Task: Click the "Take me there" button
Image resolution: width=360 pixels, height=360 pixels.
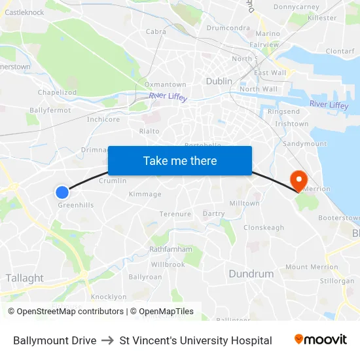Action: (180, 160)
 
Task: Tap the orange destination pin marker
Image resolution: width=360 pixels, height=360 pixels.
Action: (298, 180)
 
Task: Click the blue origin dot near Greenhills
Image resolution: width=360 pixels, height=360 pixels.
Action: (62, 192)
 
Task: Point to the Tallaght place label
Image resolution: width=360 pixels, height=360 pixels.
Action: (24, 278)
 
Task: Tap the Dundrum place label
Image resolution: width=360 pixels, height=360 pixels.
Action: (251, 274)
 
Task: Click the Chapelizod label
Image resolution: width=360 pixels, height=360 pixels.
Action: (57, 93)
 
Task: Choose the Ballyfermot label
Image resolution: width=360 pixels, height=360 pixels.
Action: (50, 110)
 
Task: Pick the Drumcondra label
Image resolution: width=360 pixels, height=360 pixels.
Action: (228, 28)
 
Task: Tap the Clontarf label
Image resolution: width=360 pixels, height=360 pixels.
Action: (340, 51)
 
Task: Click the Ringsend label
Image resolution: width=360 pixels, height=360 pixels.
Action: (284, 112)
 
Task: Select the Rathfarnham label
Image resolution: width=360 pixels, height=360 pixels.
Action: (171, 249)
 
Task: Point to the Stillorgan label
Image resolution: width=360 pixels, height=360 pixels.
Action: (338, 281)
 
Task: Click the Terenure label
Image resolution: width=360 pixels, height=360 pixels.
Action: (175, 214)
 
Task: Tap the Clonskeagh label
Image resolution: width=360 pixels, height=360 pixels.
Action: (264, 228)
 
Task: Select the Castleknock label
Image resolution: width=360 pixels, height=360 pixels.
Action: (24, 12)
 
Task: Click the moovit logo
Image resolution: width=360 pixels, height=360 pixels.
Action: (321, 340)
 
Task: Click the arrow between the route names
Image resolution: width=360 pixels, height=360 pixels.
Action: (108, 340)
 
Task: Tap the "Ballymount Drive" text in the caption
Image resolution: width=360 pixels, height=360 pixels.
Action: (55, 340)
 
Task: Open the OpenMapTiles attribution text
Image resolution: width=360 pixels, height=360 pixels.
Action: (162, 312)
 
